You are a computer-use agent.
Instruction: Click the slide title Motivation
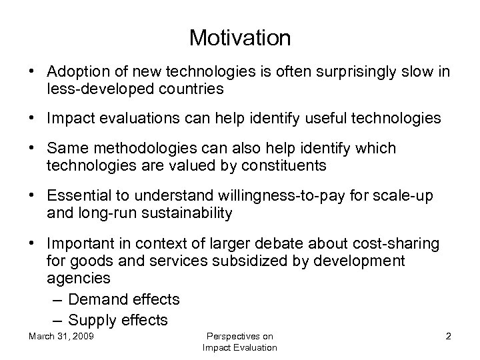(x=240, y=37)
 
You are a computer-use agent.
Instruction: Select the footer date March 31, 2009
(x=61, y=336)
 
